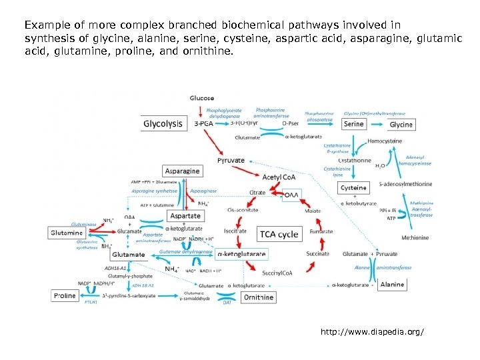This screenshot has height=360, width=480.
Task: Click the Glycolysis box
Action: pyautogui.click(x=163, y=123)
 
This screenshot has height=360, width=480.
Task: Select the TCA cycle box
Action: pyautogui.click(x=279, y=234)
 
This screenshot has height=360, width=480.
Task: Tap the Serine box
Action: pyautogui.click(x=354, y=124)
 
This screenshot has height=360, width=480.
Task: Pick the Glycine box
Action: pyautogui.click(x=401, y=124)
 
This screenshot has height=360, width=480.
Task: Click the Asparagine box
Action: pyautogui.click(x=181, y=171)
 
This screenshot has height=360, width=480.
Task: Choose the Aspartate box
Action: pyautogui.click(x=185, y=216)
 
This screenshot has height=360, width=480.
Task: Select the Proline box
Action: pyautogui.click(x=64, y=295)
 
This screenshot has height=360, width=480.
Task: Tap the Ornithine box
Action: pyautogui.click(x=258, y=297)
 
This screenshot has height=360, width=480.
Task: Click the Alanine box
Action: pyautogui.click(x=391, y=284)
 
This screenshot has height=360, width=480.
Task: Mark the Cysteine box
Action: pyautogui.click(x=353, y=188)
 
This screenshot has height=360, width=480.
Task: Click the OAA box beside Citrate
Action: pyautogui.click(x=291, y=195)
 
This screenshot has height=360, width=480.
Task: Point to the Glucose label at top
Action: pyautogui.click(x=202, y=99)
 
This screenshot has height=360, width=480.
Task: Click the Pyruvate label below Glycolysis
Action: pyautogui.click(x=231, y=161)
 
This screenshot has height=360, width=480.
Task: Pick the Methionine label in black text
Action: pyautogui.click(x=415, y=237)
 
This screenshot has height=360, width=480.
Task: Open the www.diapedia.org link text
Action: pyautogui.click(x=371, y=331)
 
